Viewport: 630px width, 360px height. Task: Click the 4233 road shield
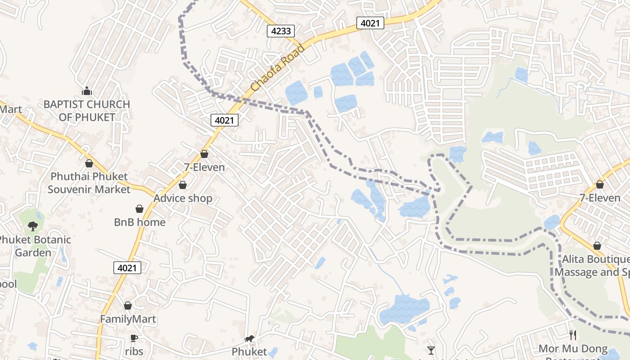coord(281,31)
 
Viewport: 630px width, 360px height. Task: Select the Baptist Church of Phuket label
coord(87,111)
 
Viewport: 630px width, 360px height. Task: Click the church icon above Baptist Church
coord(87,91)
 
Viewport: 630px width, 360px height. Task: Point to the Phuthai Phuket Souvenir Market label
coord(89,183)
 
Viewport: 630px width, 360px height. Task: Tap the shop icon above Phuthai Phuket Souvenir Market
coord(89,163)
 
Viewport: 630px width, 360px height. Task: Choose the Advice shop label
coord(183,198)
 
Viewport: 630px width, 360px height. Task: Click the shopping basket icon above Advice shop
coord(183,185)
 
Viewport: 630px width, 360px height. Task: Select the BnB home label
coord(139,222)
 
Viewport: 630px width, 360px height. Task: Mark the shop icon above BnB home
coord(139,209)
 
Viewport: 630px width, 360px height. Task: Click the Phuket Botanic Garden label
coord(34,246)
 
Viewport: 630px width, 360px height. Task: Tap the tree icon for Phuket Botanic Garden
coord(32,226)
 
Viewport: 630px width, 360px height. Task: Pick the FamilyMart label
coord(128,319)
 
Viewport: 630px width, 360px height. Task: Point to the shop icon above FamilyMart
coord(128,306)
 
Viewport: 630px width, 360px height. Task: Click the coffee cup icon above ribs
coord(133,338)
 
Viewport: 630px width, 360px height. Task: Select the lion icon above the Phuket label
coord(249,338)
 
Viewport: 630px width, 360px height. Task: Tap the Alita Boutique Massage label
coord(592,266)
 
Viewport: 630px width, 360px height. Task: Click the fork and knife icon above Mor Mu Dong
coord(573,335)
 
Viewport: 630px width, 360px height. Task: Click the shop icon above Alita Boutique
coord(597,246)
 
